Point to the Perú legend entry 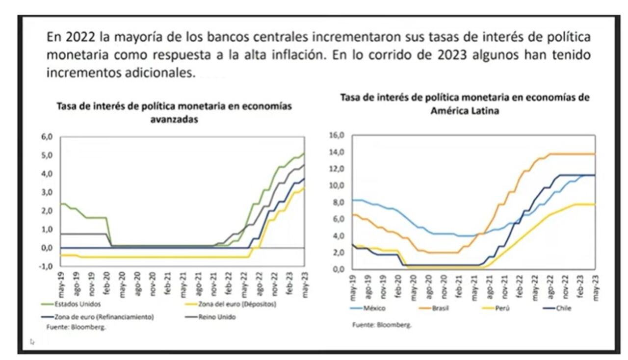(x=505, y=308)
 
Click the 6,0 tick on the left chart (x=46, y=137)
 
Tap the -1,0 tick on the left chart (x=46, y=266)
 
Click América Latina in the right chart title (x=465, y=111)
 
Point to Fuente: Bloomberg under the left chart (x=76, y=327)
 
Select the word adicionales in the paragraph (x=157, y=73)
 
